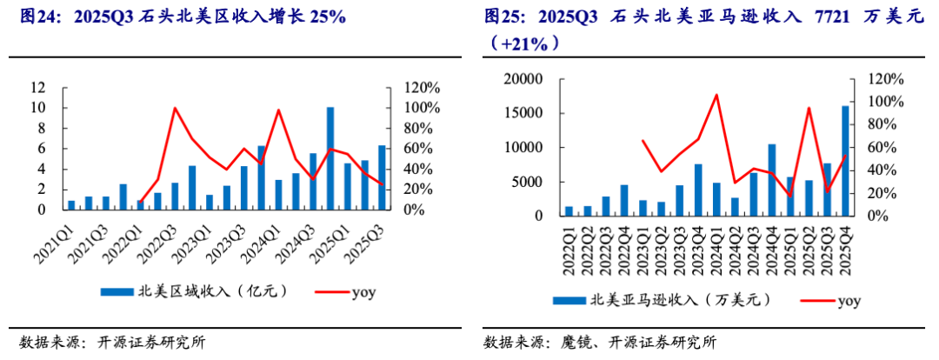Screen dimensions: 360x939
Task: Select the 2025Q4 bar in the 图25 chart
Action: [845, 161]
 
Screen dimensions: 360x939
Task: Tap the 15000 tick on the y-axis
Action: [524, 113]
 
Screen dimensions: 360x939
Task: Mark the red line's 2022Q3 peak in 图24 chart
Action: [175, 108]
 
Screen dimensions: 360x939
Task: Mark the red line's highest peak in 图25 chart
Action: [716, 95]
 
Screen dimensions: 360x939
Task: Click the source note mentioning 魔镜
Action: [599, 342]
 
